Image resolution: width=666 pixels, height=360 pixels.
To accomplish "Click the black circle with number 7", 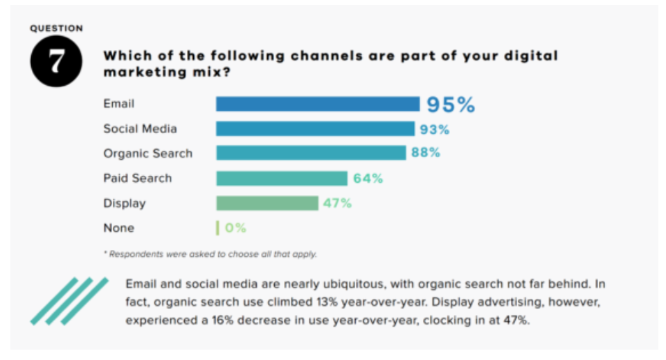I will point(56,62).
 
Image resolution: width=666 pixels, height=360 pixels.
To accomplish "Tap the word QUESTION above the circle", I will point(56,29).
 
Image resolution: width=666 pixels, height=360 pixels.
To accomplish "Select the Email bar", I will point(317,104).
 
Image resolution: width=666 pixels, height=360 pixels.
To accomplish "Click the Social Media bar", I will point(315,129).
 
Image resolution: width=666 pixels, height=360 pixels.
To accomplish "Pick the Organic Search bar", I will point(311,153).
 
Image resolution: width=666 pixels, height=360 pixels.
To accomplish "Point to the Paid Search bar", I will point(281,178).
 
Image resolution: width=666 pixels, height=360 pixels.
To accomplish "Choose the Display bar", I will point(267,203).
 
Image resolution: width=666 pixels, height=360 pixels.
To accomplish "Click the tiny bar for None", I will point(217,228).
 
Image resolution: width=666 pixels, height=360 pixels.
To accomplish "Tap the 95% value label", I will point(451,105).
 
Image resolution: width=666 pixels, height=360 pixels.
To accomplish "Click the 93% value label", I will point(435,129).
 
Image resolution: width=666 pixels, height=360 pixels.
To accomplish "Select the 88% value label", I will point(426,153).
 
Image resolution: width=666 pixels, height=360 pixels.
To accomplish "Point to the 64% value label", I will point(368,178).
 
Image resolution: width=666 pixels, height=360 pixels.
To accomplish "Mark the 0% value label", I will point(235,228).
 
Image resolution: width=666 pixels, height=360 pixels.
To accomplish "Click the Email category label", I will point(118,104).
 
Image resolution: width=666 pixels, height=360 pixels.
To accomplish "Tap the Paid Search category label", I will point(137,178).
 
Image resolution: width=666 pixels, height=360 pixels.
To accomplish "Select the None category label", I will point(118,228).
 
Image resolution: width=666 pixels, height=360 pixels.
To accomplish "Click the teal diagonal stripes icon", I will point(69,300).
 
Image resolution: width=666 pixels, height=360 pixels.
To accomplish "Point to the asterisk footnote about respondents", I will point(210,254).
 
